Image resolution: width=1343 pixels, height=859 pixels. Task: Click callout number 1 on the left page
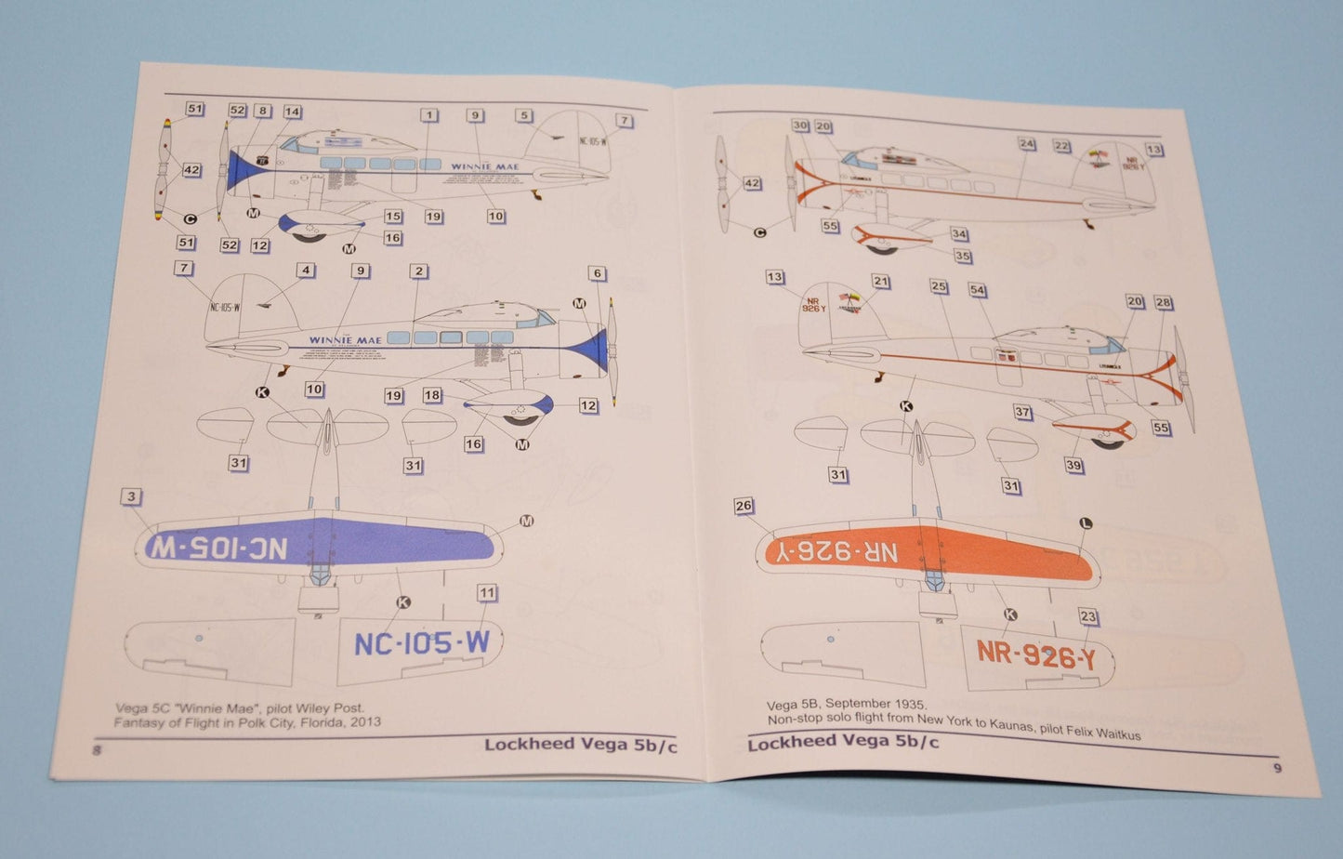point(428,115)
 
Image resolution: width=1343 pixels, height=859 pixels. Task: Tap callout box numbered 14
point(292,112)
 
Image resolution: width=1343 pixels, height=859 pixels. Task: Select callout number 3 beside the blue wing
point(131,496)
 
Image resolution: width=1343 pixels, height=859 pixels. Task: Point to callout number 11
point(486,592)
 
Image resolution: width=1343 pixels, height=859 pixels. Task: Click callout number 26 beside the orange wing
point(744,506)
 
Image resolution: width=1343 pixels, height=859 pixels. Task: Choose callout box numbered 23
point(1088,616)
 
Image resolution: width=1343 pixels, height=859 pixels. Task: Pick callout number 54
point(977,290)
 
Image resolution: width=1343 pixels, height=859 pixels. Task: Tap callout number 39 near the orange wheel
point(1074,466)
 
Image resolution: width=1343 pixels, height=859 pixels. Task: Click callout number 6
point(598,273)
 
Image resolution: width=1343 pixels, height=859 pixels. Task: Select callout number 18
point(432,395)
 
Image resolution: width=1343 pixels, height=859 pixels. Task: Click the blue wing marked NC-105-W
point(316,546)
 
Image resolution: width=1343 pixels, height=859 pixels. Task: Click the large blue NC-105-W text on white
point(421,643)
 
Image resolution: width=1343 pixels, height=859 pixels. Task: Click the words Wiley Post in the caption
point(325,708)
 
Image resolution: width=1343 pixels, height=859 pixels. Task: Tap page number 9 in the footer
point(1278,768)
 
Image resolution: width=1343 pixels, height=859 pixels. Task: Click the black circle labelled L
point(1085,523)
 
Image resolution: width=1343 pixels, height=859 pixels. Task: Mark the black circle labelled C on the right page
point(759,232)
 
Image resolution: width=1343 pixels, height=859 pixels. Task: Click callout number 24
point(1026,144)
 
